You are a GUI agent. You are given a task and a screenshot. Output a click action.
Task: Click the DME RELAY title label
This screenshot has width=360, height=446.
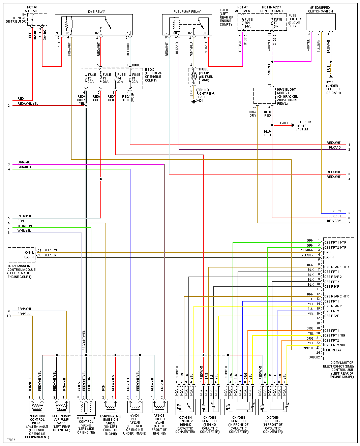[96, 12]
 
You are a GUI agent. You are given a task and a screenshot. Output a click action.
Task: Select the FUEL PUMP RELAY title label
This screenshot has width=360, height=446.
[187, 12]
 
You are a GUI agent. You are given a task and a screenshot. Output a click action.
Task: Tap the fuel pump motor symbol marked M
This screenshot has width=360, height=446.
[193, 76]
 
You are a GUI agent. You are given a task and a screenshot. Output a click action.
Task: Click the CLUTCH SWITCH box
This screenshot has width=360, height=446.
[321, 22]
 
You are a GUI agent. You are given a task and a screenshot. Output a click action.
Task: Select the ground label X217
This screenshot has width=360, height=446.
[329, 82]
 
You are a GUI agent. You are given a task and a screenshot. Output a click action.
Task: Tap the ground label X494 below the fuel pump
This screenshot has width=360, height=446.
[200, 100]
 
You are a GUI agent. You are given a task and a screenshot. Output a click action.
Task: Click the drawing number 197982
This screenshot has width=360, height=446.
[10, 440]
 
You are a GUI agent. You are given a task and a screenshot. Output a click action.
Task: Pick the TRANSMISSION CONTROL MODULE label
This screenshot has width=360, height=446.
[21, 271]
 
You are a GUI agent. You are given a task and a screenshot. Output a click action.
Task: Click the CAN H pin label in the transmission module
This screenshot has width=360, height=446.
[29, 257]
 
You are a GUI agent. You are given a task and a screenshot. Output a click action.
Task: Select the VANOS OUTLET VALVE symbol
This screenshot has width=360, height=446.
[159, 407]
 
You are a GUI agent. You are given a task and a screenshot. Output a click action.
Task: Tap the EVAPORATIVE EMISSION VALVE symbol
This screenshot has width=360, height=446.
[111, 407]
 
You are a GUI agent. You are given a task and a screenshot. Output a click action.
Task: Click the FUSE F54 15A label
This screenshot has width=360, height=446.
[248, 23]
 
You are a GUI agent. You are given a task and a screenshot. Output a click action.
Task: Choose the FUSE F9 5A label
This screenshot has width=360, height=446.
[278, 23]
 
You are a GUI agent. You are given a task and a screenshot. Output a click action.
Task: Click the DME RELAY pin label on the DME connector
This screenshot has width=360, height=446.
[333, 350]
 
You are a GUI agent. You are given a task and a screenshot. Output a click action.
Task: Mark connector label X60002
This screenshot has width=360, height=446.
[314, 357]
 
